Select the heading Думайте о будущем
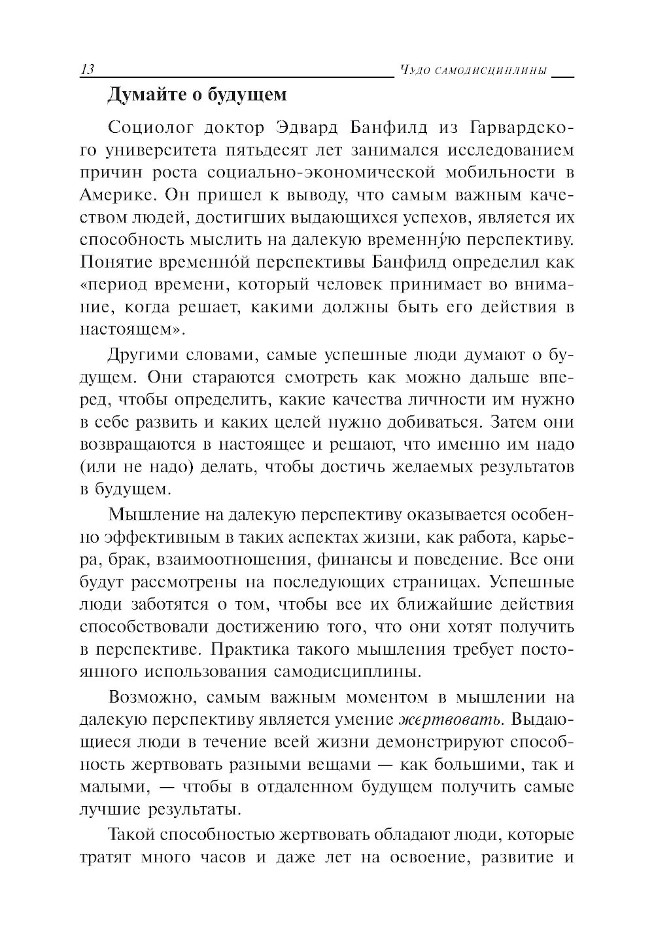[197, 95]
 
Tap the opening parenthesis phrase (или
[96, 467]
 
